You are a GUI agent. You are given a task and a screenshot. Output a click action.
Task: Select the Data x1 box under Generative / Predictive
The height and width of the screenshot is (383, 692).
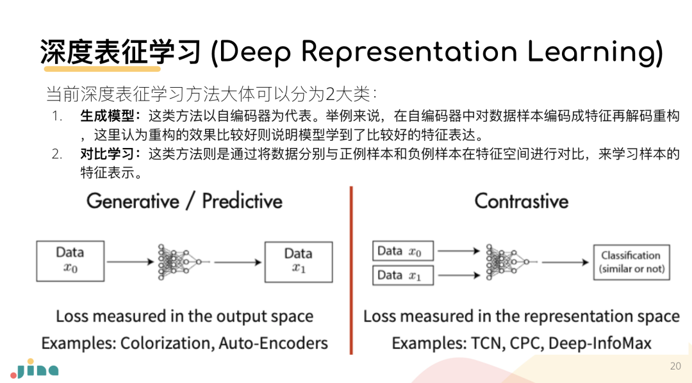click(x=299, y=261)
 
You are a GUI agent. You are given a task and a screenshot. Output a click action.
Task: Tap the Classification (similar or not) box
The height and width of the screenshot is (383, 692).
click(x=631, y=262)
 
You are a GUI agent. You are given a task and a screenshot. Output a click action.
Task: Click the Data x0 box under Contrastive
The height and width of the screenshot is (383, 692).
click(x=403, y=251)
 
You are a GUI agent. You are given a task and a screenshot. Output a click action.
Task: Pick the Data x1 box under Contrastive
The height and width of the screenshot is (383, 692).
click(x=403, y=275)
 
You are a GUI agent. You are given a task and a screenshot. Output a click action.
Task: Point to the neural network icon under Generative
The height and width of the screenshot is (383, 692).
click(x=179, y=261)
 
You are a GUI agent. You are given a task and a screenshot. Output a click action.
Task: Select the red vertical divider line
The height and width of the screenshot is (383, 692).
click(x=351, y=269)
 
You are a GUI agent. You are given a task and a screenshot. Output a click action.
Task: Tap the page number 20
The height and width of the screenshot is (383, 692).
click(x=675, y=366)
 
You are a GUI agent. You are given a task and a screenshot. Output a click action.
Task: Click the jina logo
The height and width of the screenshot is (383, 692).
click(x=35, y=369)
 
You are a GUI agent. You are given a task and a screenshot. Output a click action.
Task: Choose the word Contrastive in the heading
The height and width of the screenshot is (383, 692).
click(x=521, y=201)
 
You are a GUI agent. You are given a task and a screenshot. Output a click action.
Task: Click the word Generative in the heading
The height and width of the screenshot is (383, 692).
click(x=133, y=201)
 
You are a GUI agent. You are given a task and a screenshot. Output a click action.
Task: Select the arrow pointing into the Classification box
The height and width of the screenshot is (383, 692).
click(x=564, y=262)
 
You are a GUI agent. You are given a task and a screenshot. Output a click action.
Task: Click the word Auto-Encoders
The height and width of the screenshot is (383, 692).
click(x=273, y=343)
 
